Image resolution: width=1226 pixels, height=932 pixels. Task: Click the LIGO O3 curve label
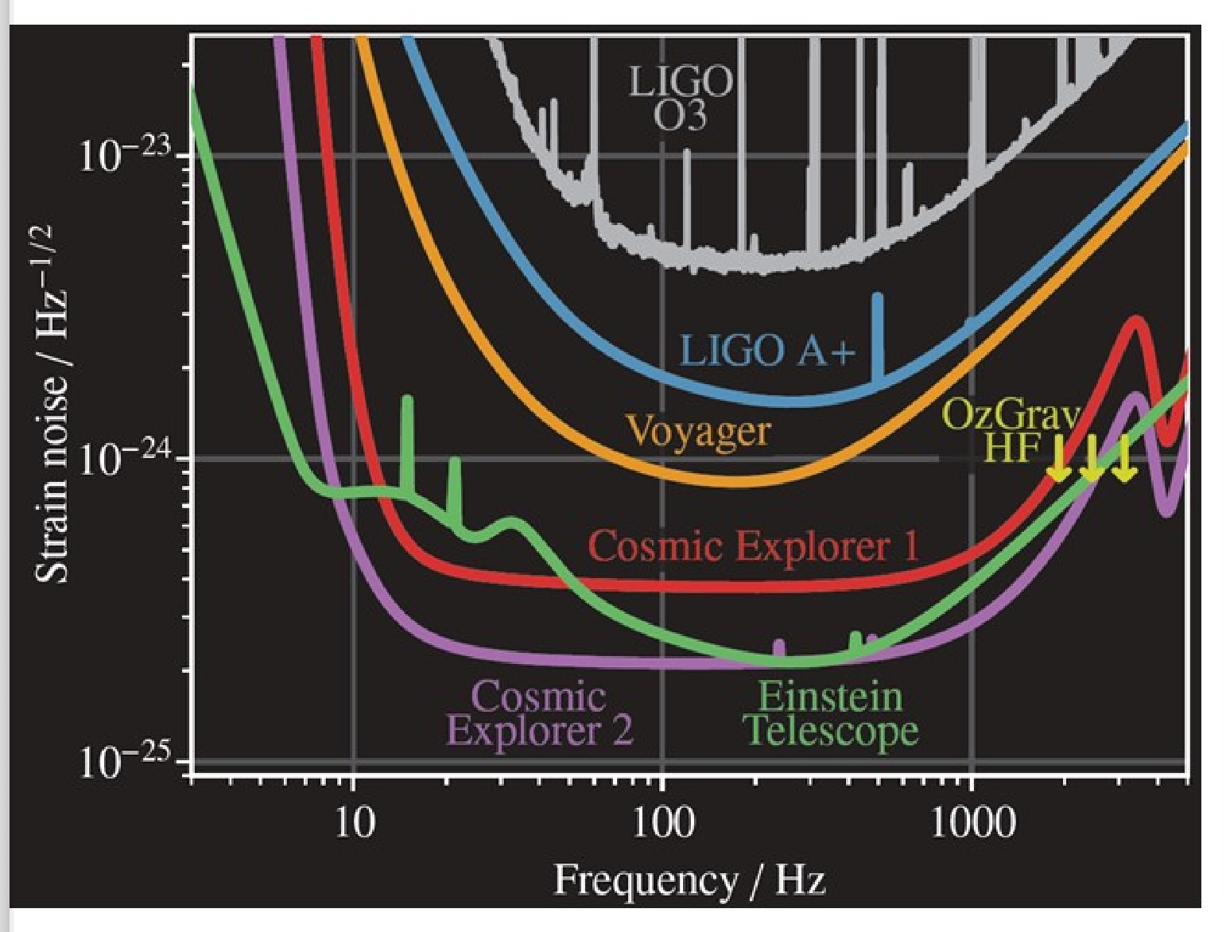pyautogui.click(x=680, y=98)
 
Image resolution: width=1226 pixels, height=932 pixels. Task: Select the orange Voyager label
pyautogui.click(x=698, y=431)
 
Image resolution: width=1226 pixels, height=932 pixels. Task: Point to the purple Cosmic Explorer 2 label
pyautogui.click(x=540, y=713)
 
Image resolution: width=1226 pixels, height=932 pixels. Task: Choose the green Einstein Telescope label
pyautogui.click(x=831, y=713)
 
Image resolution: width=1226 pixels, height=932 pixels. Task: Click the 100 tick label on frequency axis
pyautogui.click(x=662, y=821)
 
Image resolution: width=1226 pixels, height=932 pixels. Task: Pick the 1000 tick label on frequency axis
pyautogui.click(x=972, y=821)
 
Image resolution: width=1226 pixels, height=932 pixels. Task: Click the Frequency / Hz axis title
pyautogui.click(x=689, y=880)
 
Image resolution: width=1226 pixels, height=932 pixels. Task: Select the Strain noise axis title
pyautogui.click(x=52, y=403)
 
